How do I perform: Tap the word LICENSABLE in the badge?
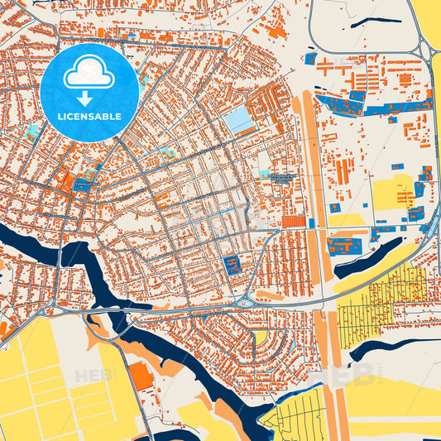point(89,117)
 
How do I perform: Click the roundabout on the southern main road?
point(246,304)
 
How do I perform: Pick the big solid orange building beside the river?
point(141,376)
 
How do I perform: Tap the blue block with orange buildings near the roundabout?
point(232,266)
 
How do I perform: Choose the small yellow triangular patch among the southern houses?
point(261,337)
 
